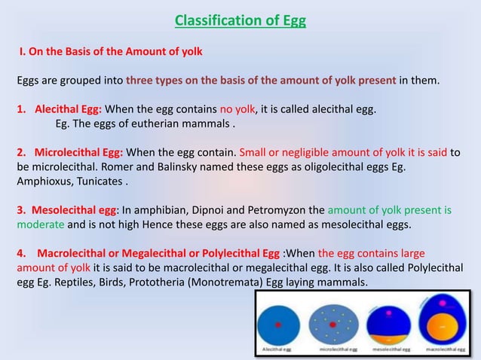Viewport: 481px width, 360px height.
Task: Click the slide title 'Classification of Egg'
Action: (240, 20)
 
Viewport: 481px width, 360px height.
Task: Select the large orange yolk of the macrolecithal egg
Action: (442, 328)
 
